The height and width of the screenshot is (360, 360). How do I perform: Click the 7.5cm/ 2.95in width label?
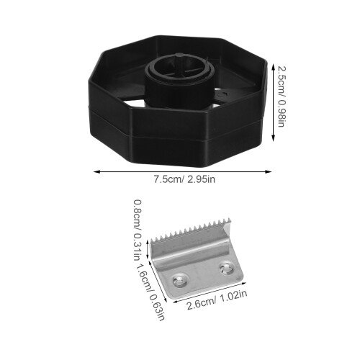point(184,179)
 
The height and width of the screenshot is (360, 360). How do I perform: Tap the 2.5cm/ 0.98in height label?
point(282,96)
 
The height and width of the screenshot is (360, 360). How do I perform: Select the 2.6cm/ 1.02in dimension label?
point(217,300)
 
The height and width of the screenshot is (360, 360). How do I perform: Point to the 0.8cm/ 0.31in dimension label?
point(137,230)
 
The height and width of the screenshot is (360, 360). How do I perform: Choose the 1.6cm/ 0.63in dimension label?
point(151,292)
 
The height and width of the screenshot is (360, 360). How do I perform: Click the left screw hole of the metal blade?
point(180,280)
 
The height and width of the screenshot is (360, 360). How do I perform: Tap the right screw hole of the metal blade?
point(226,268)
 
